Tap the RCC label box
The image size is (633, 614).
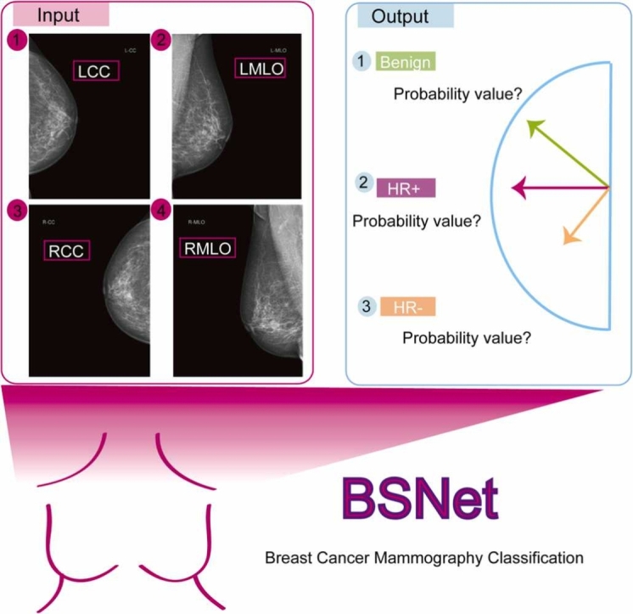[65, 251]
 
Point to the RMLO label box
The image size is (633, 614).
[207, 248]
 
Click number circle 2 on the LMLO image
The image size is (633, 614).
[160, 41]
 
